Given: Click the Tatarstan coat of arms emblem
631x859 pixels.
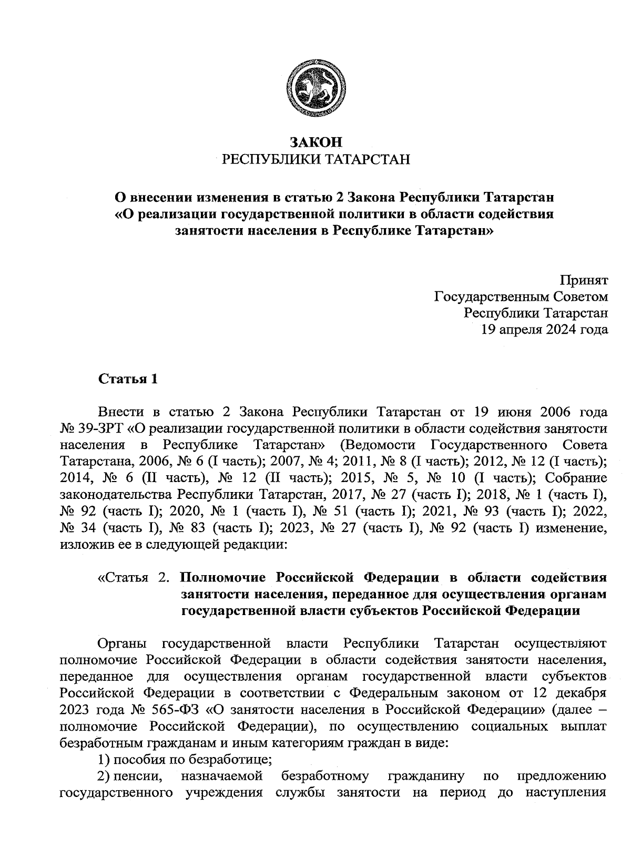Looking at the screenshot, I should point(315,88).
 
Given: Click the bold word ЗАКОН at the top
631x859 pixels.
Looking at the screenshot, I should point(315,142).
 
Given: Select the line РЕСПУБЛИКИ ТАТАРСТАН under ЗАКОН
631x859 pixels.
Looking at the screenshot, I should point(315,159).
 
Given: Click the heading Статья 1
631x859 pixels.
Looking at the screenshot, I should point(128,379).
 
